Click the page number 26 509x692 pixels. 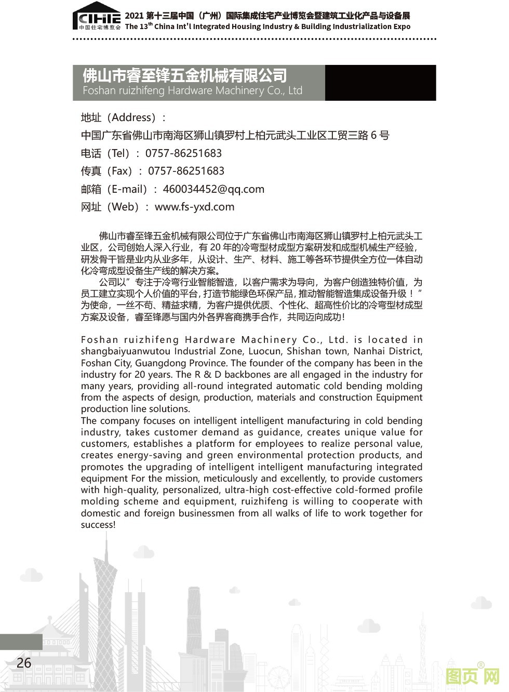[24, 663]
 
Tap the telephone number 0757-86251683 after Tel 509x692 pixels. [183, 153]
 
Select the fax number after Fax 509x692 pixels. [186, 171]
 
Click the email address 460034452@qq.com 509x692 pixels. [213, 189]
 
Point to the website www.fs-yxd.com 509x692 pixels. [194, 207]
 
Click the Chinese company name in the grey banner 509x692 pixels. [184, 76]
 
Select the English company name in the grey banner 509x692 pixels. [192, 91]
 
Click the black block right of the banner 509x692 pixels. [380, 83]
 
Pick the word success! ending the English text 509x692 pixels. [98, 525]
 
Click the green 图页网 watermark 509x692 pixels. [472, 676]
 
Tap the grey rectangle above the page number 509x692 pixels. [21, 642]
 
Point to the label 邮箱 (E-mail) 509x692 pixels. [122, 189]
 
